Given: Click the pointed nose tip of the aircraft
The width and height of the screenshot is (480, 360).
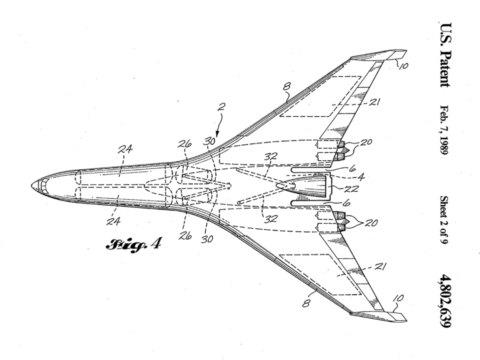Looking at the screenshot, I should tap(33, 185).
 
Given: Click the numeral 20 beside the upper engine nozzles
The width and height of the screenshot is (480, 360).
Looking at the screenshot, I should tap(366, 142).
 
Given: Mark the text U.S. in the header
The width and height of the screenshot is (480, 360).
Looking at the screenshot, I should tap(445, 35).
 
